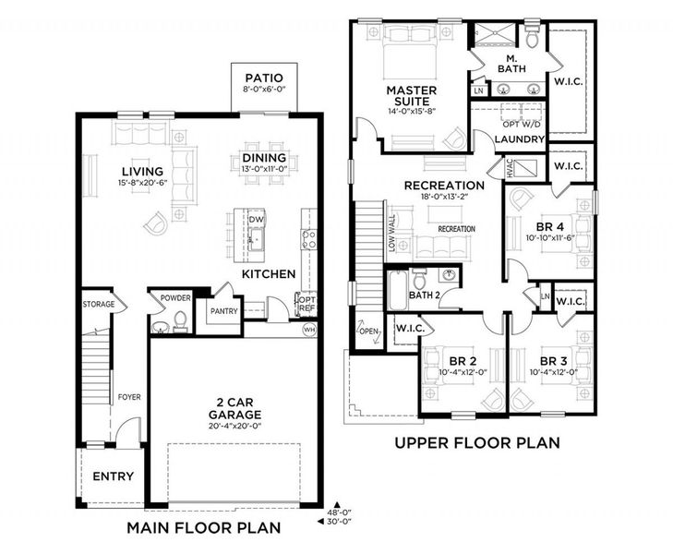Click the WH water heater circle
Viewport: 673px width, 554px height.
click(308, 328)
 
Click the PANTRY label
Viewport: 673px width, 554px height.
click(223, 311)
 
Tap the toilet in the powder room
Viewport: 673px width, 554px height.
click(180, 320)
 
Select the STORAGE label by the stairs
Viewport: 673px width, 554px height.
click(99, 304)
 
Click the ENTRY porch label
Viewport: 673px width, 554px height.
click(113, 476)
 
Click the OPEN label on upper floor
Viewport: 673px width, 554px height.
click(368, 330)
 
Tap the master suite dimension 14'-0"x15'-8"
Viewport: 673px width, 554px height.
click(411, 110)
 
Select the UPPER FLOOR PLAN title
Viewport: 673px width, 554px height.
click(476, 442)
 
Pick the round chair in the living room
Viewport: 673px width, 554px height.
click(158, 219)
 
